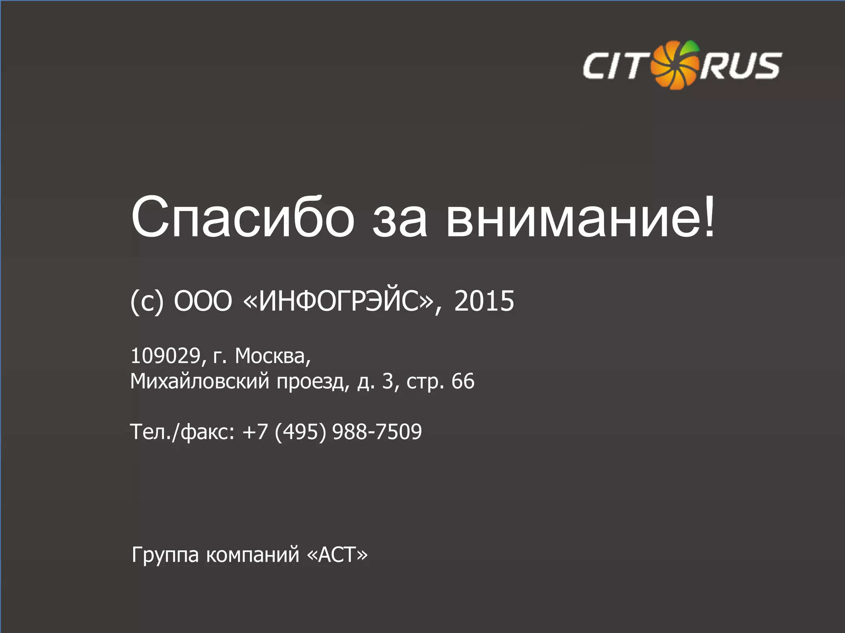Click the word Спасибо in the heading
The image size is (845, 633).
(243, 218)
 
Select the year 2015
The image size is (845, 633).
(484, 301)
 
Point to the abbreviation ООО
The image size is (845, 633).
(203, 301)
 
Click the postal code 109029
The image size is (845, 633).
(165, 356)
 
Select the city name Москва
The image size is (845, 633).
(271, 356)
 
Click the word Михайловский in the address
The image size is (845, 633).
(200, 381)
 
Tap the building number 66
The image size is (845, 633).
(463, 381)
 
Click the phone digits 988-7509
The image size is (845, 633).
(377, 432)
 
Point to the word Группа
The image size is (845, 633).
(165, 555)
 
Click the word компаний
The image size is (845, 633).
(253, 555)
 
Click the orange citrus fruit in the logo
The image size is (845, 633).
(675, 65)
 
